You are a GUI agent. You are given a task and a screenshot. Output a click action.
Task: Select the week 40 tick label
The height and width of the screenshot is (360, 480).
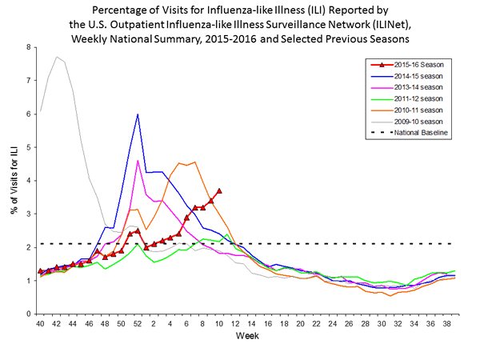(x=40, y=323)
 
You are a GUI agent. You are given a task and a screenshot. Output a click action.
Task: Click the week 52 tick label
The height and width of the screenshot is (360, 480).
(x=137, y=323)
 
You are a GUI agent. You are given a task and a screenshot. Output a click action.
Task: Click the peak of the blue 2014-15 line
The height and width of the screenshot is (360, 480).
(x=138, y=114)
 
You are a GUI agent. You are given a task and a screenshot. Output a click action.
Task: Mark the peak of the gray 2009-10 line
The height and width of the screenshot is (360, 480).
(x=56, y=57)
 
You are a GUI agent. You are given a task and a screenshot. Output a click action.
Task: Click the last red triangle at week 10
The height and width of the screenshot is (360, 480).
(x=219, y=191)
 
